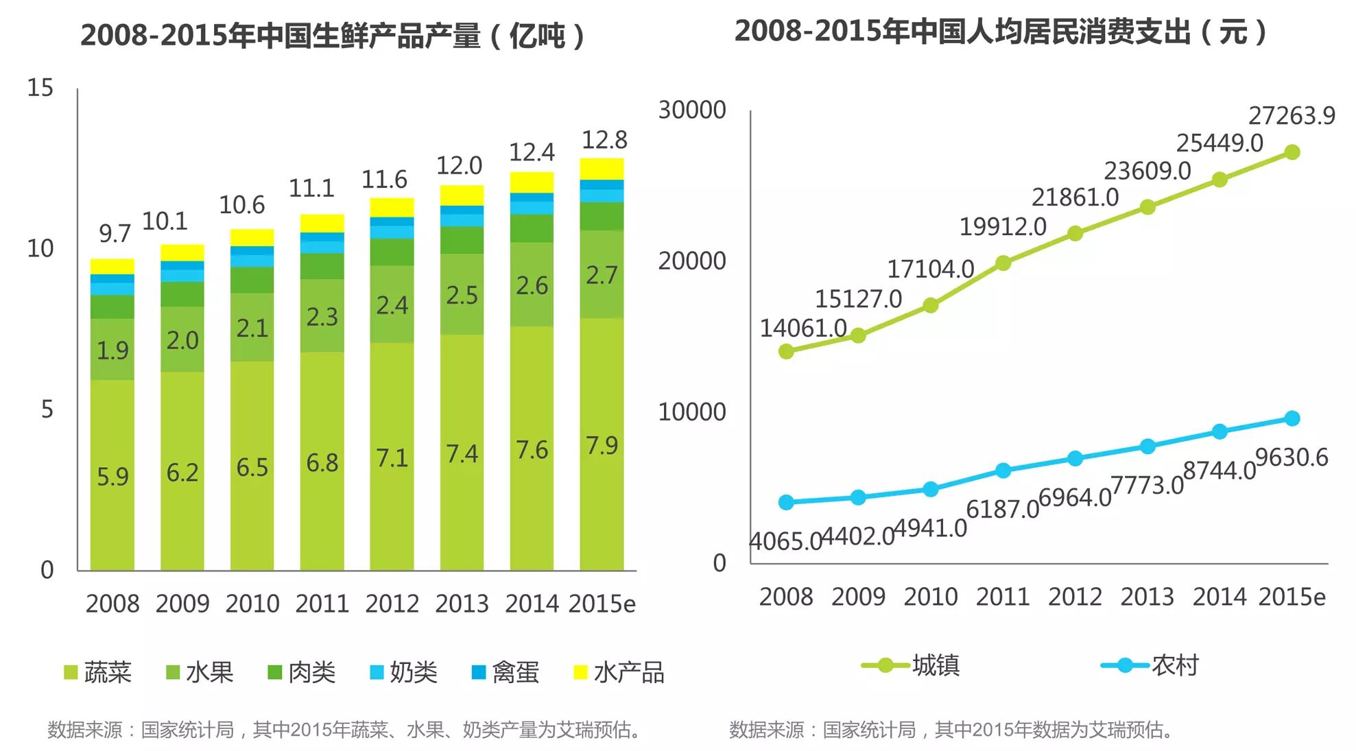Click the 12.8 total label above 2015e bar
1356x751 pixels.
(x=604, y=140)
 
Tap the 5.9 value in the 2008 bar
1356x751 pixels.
(x=112, y=476)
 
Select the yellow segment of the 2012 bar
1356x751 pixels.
(x=392, y=207)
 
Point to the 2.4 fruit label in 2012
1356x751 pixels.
(x=392, y=305)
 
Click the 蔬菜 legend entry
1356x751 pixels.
(x=97, y=672)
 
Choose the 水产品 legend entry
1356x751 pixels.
(x=619, y=672)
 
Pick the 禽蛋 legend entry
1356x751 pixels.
(x=505, y=672)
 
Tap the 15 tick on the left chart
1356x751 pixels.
(x=40, y=88)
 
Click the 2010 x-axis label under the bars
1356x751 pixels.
(x=252, y=604)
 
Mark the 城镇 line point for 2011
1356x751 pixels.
(x=1003, y=263)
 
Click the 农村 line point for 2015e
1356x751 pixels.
(x=1292, y=418)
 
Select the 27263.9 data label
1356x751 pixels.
(x=1291, y=115)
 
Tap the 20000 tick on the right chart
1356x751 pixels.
(x=691, y=261)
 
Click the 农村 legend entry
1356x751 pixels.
(x=1150, y=665)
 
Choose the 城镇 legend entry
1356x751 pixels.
(x=911, y=665)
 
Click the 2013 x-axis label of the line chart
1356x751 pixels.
(x=1147, y=597)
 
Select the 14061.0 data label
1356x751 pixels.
(x=802, y=328)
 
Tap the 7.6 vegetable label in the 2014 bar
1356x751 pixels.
(x=532, y=450)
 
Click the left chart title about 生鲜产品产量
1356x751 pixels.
(x=333, y=36)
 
